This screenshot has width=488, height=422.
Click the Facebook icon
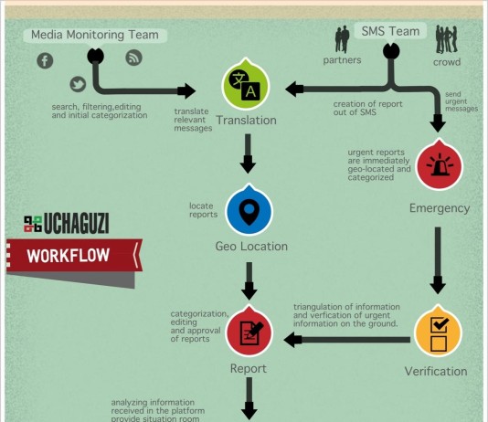45,60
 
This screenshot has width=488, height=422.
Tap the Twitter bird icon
78,84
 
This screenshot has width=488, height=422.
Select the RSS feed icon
133,58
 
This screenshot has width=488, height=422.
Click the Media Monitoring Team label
95,35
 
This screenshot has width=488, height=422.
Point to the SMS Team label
390,31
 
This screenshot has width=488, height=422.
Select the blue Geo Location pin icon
249,210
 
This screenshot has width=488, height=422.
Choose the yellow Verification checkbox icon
439,332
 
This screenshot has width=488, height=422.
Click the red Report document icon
249,332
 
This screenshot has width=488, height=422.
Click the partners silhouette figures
342,39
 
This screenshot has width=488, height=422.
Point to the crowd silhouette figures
447,39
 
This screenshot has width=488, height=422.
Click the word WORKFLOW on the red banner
69,256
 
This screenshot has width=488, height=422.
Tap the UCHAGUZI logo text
76,223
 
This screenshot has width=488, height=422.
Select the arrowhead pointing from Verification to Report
292,340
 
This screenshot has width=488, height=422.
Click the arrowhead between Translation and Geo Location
248,165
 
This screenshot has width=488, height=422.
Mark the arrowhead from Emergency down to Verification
438,286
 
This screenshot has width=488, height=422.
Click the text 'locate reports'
203,210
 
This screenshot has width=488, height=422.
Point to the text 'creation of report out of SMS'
368,108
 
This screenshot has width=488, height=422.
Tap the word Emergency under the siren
440,208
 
